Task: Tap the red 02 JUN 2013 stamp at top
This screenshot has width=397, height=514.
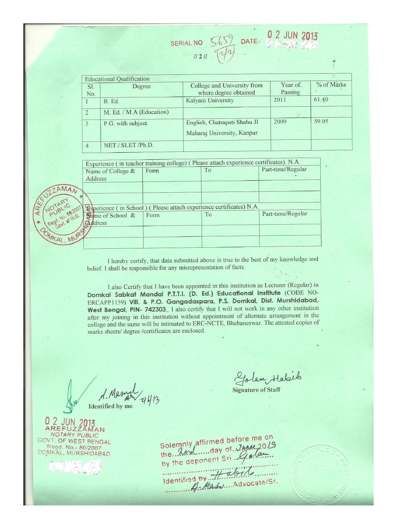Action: click(x=292, y=35)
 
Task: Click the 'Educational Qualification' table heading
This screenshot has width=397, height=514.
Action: click(x=117, y=79)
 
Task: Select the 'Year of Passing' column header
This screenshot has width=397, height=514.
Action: click(x=290, y=88)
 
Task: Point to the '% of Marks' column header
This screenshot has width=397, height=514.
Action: click(x=331, y=84)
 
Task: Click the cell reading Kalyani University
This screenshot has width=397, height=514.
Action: click(x=210, y=100)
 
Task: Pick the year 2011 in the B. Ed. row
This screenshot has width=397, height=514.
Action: click(x=280, y=100)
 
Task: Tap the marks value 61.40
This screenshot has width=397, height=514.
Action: click(x=321, y=99)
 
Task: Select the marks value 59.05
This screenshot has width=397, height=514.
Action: click(x=321, y=121)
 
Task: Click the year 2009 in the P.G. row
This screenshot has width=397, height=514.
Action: click(x=280, y=121)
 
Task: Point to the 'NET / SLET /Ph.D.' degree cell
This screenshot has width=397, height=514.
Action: click(x=129, y=145)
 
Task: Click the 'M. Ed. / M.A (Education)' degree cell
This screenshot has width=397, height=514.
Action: click(x=136, y=112)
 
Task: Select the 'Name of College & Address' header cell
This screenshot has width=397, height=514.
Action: click(x=111, y=175)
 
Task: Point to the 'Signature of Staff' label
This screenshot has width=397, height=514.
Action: click(x=256, y=390)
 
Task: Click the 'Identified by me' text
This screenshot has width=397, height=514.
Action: click(x=111, y=406)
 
